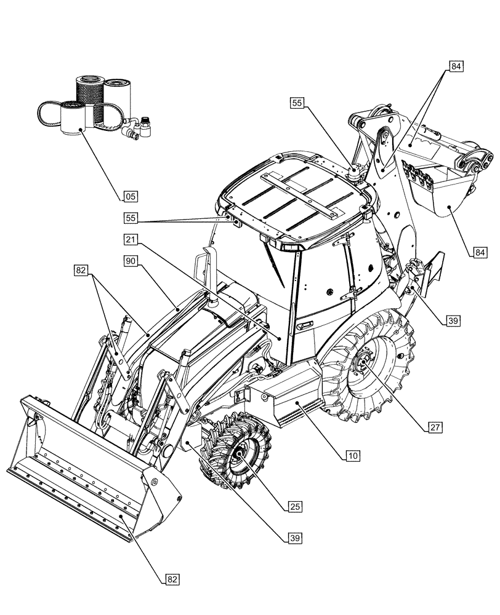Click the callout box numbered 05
click(130, 197)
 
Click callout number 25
click(295, 506)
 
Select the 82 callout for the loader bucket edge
click(172, 579)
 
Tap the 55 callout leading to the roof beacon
click(297, 104)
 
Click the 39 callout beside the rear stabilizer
click(453, 320)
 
